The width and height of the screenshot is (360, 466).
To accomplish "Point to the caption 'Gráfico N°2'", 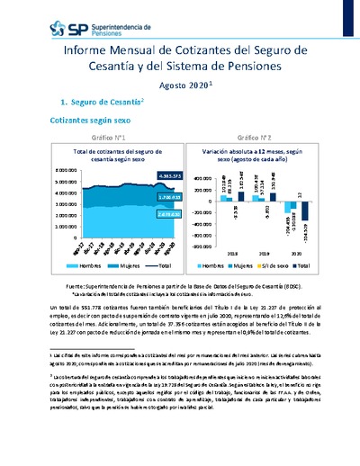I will (x=249, y=138).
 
